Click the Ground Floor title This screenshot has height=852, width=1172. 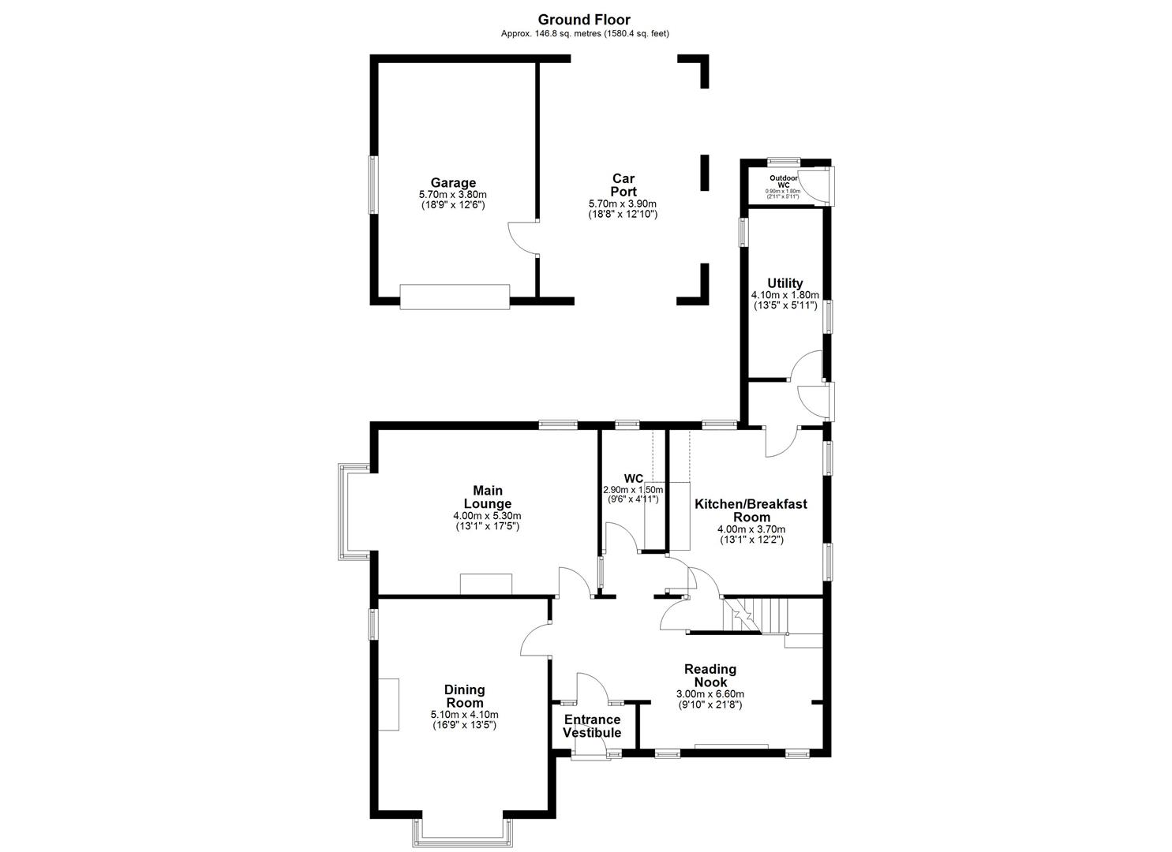click(x=584, y=20)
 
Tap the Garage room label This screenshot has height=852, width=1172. click(x=452, y=183)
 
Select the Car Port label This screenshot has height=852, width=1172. click(x=623, y=185)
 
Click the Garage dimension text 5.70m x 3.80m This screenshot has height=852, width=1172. click(x=452, y=195)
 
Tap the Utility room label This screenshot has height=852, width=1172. click(x=784, y=283)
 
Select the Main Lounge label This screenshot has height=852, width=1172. click(x=487, y=497)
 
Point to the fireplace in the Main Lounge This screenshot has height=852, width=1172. click(x=486, y=584)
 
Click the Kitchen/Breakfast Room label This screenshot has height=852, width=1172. click(x=751, y=510)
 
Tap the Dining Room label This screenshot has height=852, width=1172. click(x=464, y=697)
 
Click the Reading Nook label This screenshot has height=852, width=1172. click(x=710, y=675)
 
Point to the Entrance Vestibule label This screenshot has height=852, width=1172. click(x=592, y=726)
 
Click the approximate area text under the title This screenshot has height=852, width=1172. click(x=585, y=33)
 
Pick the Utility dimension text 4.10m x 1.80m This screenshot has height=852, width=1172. click(x=784, y=295)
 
